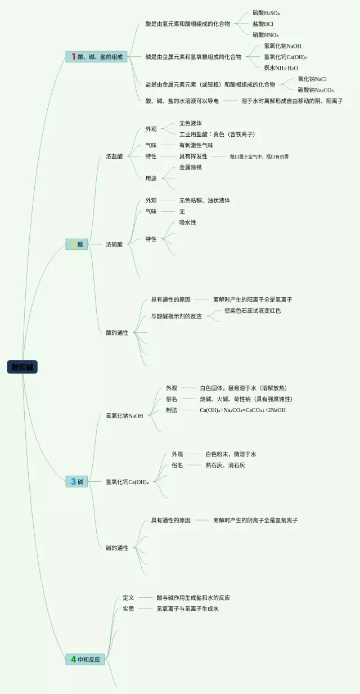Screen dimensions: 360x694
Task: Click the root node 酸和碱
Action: pyautogui.click(x=22, y=367)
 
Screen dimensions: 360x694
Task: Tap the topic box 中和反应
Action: pyautogui.click(x=85, y=659)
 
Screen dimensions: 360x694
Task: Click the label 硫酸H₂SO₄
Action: pyautogui.click(x=266, y=13)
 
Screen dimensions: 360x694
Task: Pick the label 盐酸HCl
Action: pyautogui.click(x=263, y=24)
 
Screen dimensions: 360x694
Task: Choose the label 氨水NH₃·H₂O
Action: pyautogui.click(x=281, y=68)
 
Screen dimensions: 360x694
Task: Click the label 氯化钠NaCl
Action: pyautogui.click(x=312, y=79)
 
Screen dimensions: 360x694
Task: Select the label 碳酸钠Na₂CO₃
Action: pyautogui.click(x=316, y=90)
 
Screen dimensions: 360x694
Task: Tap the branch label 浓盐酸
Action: pyautogui.click(x=114, y=156)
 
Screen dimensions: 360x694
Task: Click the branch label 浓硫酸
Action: pyautogui.click(x=114, y=244)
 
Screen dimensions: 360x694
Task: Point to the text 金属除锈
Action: pyautogui.click(x=190, y=167)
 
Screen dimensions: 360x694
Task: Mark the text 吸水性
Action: pyautogui.click(x=187, y=222)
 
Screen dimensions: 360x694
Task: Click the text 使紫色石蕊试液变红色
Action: pyautogui.click(x=252, y=311)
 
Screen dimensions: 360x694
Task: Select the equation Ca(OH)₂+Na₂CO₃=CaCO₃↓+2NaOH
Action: pyautogui.click(x=242, y=410)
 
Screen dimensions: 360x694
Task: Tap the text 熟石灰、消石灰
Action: pyautogui.click(x=225, y=465)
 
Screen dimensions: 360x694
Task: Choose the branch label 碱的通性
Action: pyautogui.click(x=117, y=548)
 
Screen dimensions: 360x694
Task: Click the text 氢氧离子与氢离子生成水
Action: pyautogui.click(x=187, y=608)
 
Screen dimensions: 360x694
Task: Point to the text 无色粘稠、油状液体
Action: pyautogui.click(x=204, y=200)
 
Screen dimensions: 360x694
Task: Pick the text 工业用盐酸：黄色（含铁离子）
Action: pyautogui.click(x=217, y=134)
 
